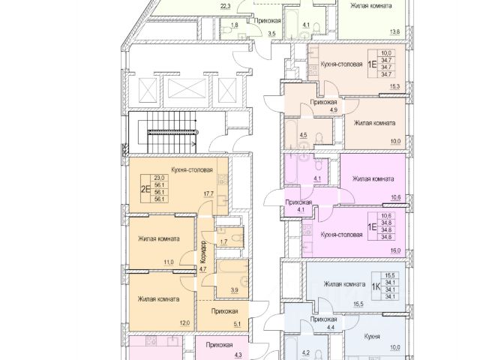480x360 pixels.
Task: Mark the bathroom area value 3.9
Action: coord(234,290)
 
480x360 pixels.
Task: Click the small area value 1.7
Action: coord(223,241)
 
